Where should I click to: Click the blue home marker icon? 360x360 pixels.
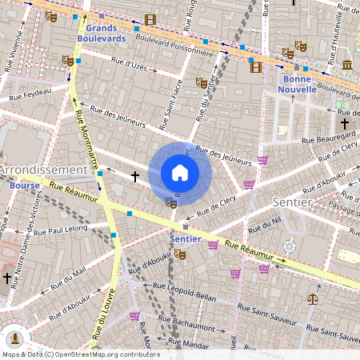tap(180, 173)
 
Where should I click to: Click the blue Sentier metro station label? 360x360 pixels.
tap(185, 239)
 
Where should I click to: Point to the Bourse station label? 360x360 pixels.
tap(26, 185)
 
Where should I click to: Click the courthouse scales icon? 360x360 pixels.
tap(312, 298)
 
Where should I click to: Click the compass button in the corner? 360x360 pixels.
tap(16, 338)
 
